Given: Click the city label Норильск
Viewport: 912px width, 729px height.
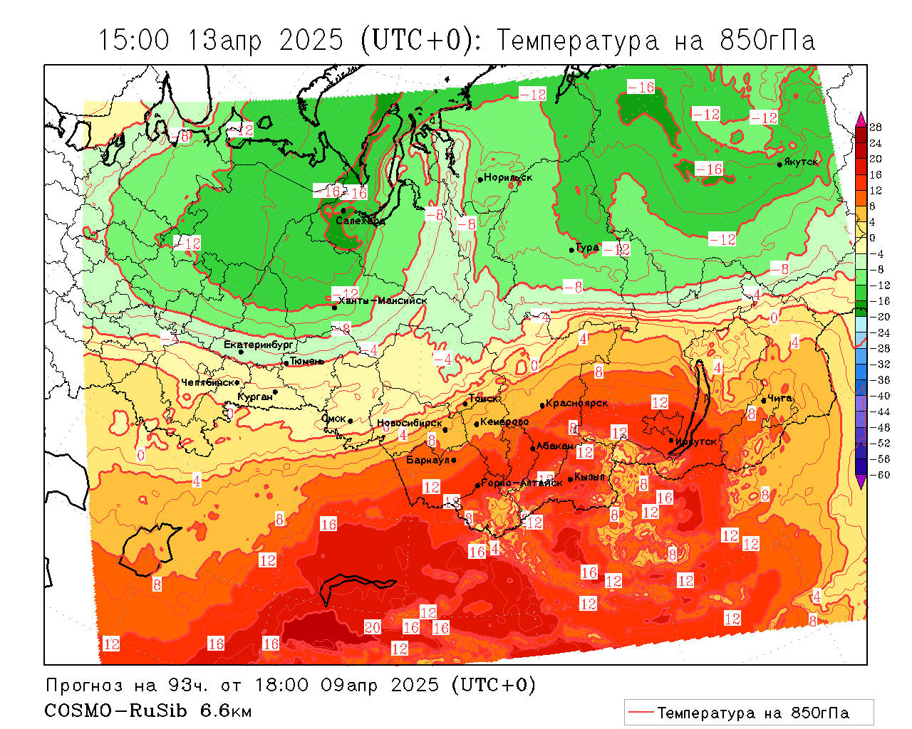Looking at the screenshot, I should (x=508, y=177).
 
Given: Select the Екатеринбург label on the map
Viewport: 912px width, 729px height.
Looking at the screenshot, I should (x=259, y=345).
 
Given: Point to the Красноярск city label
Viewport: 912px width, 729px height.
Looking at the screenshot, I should (x=577, y=403).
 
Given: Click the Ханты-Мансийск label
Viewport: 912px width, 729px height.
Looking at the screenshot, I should (x=383, y=300).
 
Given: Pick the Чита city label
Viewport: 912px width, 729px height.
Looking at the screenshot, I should (x=780, y=399).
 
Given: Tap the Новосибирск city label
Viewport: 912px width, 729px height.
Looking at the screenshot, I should (x=410, y=423).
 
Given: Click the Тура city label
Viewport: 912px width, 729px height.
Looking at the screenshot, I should (x=587, y=248).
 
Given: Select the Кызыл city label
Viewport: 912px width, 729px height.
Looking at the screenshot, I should (x=589, y=477).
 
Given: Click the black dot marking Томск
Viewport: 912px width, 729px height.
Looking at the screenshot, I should (x=465, y=404).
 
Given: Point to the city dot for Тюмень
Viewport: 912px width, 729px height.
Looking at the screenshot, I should (x=286, y=363).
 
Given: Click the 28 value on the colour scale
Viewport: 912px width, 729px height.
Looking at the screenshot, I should (x=876, y=127).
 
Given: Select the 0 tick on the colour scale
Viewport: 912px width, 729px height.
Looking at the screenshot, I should (x=873, y=238).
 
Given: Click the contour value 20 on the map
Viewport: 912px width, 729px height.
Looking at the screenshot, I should (x=373, y=627).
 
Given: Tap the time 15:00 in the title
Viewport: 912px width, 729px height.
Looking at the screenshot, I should (x=134, y=41).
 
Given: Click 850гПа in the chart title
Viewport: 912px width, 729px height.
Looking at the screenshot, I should (x=768, y=41).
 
